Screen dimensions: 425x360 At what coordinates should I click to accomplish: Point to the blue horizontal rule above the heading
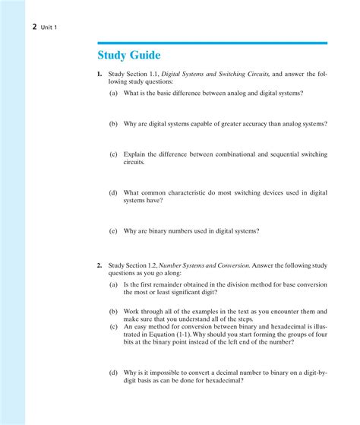212,43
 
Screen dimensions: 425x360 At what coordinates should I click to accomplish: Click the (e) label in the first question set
113,231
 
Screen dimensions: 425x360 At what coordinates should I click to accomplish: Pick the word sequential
284,154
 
